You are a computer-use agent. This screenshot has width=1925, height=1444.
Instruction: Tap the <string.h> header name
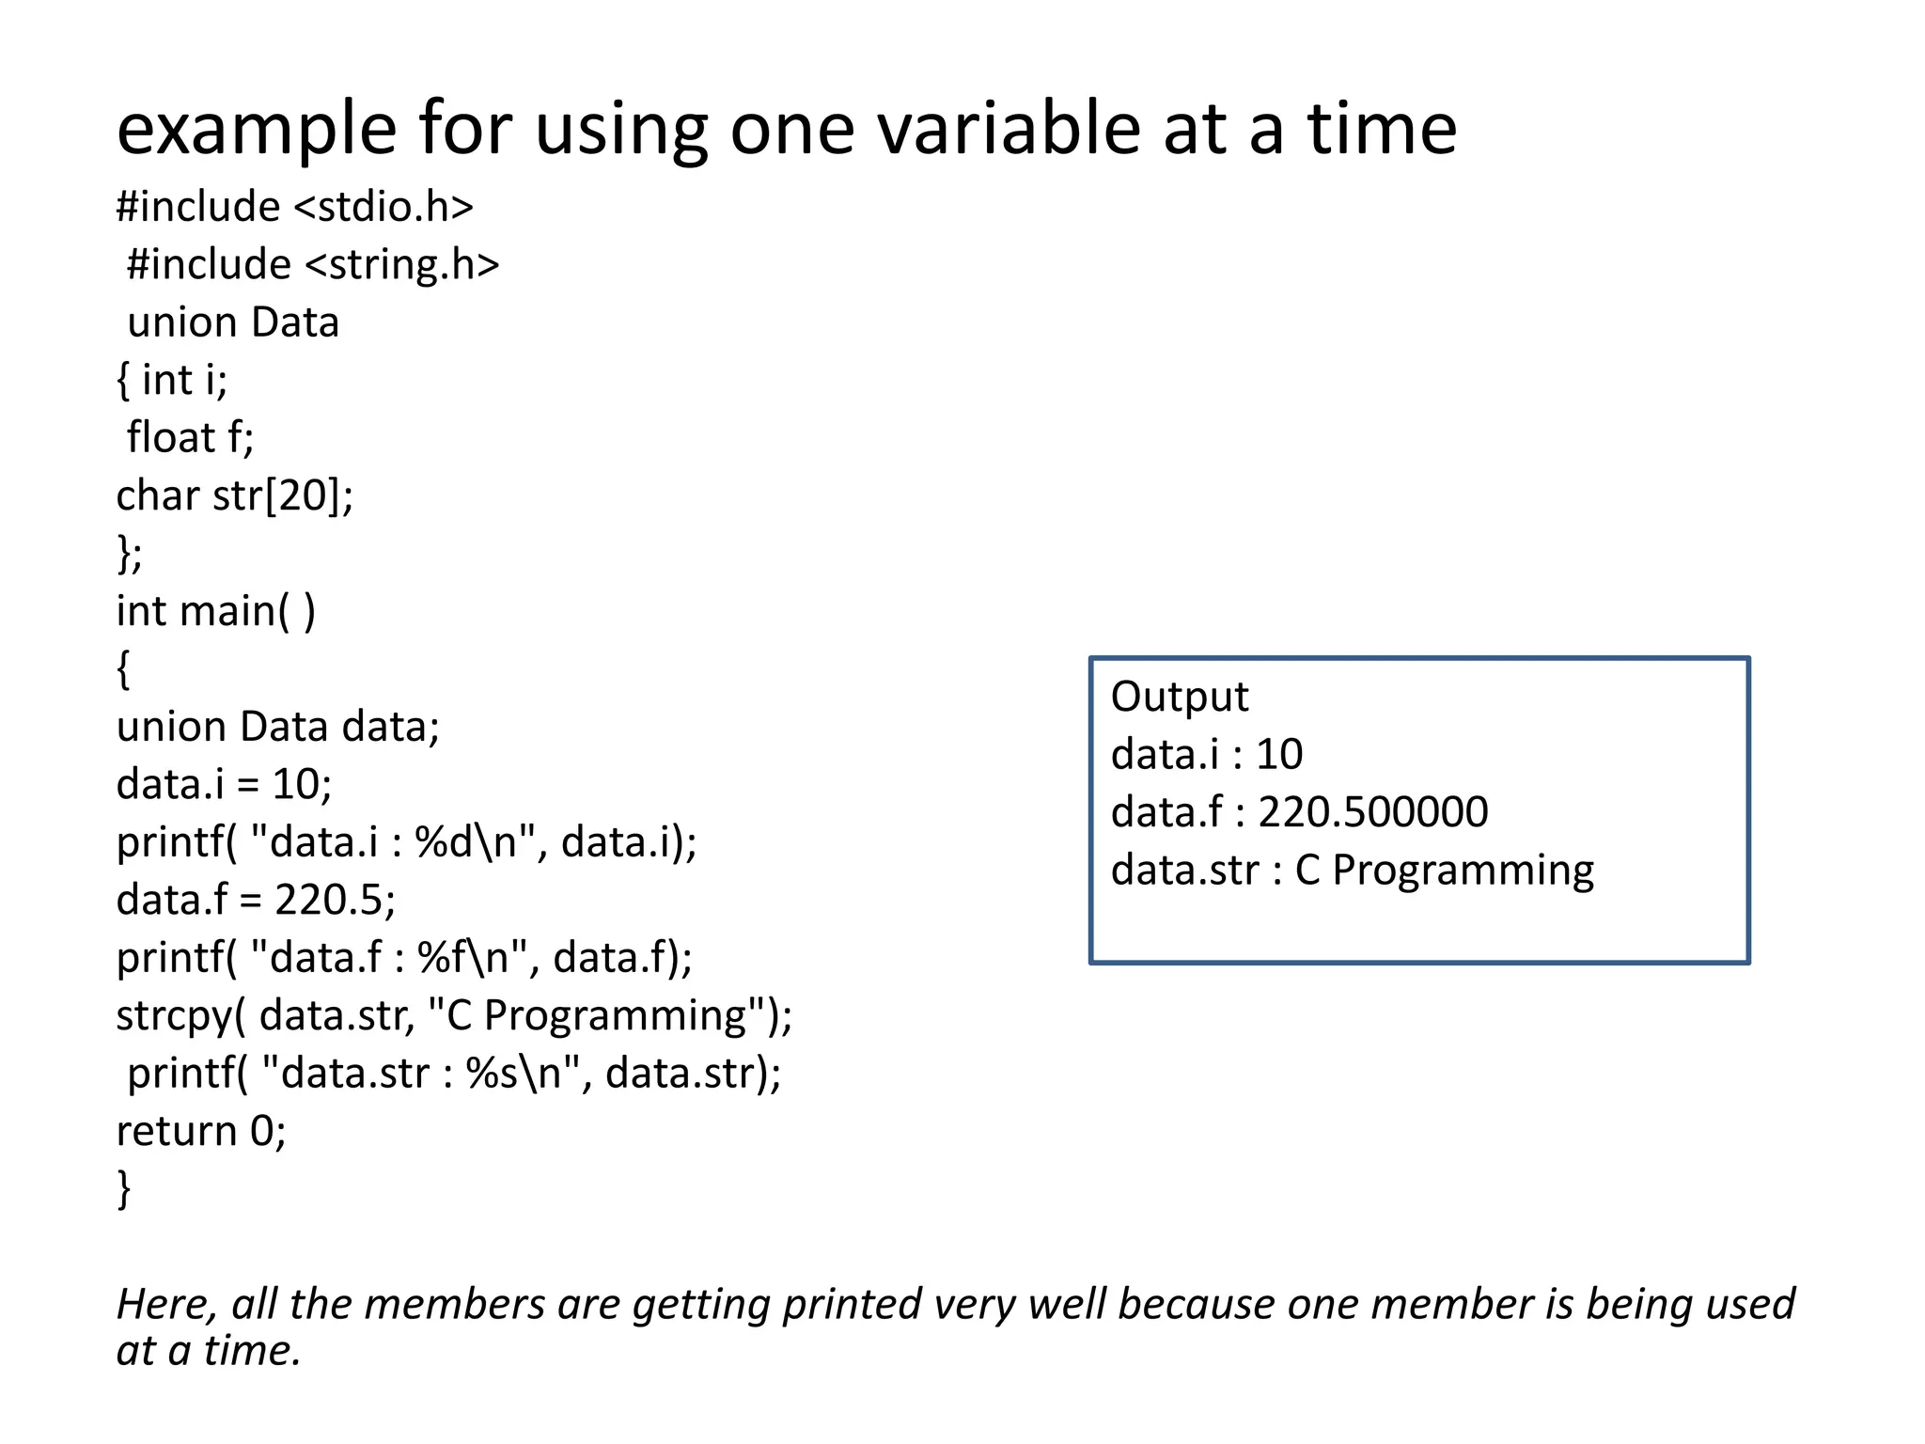click(402, 265)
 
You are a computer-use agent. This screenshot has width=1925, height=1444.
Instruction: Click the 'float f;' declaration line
click(190, 438)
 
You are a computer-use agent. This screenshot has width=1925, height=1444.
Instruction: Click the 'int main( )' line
click(215, 612)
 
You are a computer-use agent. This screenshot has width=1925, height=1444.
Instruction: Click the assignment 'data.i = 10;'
click(224, 785)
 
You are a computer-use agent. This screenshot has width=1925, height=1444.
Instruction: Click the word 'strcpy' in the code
click(174, 1016)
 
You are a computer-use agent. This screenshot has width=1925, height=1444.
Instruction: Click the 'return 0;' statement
click(200, 1131)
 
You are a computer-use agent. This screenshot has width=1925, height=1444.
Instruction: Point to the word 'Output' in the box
click(1180, 698)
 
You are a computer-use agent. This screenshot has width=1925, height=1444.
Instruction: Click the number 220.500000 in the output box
click(1373, 812)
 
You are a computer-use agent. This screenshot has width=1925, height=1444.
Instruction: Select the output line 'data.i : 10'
click(1206, 755)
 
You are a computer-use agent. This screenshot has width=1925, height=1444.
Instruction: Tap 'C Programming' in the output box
click(1444, 871)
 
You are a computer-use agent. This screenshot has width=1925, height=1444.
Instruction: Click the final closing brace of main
click(123, 1188)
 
